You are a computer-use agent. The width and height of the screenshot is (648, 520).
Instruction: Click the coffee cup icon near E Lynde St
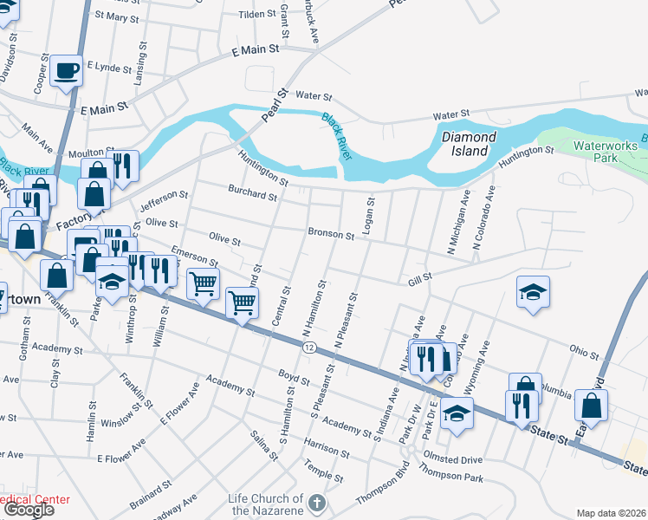[67, 70]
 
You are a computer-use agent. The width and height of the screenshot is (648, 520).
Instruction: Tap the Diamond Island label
[469, 144]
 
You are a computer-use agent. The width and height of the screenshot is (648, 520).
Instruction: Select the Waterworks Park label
[606, 152]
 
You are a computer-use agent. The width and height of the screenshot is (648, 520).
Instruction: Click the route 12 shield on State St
[308, 347]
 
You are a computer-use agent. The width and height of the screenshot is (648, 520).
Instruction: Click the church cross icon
[318, 504]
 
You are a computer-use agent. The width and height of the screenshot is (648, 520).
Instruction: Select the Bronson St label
[331, 234]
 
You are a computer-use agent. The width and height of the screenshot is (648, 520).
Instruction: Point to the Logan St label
[370, 213]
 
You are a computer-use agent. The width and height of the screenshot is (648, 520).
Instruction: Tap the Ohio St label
[585, 354]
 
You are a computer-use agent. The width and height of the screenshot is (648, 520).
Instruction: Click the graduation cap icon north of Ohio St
[533, 291]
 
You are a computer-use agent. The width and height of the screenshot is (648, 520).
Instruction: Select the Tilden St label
[256, 15]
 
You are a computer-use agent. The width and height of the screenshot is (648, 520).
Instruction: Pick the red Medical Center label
[35, 500]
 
